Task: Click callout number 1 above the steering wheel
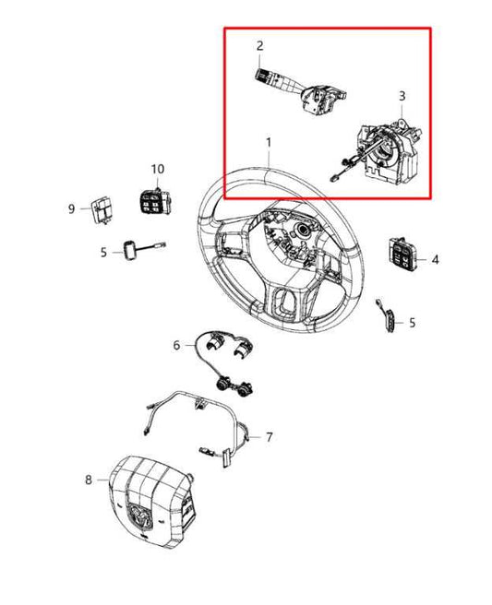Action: (x=269, y=143)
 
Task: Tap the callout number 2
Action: (x=260, y=45)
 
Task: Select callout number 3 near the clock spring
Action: (x=402, y=96)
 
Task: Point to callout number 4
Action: (x=435, y=260)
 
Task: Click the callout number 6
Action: (x=176, y=345)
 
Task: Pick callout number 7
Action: (x=270, y=436)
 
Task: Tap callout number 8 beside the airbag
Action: (x=89, y=480)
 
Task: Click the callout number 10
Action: (x=157, y=170)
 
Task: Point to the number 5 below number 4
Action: (x=412, y=322)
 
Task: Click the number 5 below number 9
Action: (x=104, y=251)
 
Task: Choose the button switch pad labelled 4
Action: (x=403, y=254)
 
